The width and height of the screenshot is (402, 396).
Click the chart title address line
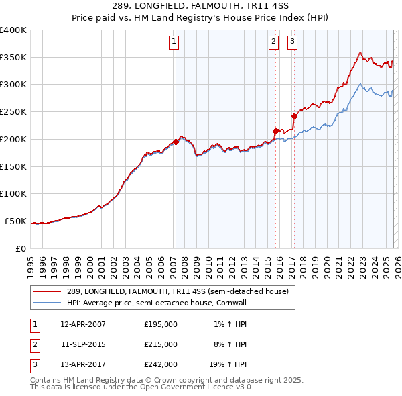(201, 6)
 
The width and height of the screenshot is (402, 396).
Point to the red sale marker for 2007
(176, 142)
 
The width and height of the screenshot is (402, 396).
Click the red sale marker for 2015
(275, 131)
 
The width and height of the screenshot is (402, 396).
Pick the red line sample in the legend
(48, 291)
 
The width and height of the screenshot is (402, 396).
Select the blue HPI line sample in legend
(48, 303)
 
